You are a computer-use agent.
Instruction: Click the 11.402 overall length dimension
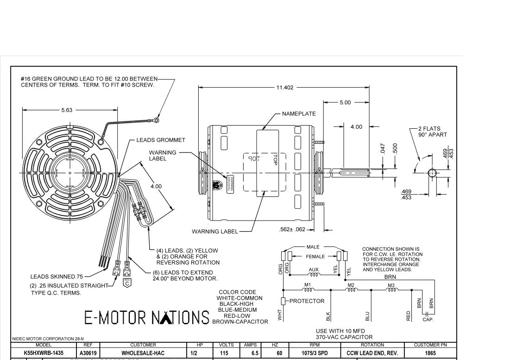(284, 88)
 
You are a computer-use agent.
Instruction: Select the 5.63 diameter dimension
(67, 110)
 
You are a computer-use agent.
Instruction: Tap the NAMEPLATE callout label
(299, 114)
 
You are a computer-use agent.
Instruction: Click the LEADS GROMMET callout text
(160, 140)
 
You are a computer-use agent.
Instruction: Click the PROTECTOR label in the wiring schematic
(307, 301)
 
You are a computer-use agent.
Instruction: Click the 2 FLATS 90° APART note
(432, 132)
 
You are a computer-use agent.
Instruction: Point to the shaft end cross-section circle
(431, 173)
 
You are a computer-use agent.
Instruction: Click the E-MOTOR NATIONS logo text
(147, 317)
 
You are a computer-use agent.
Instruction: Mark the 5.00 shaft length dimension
(345, 102)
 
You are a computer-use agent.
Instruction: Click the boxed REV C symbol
(126, 283)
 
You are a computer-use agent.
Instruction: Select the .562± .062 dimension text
(293, 229)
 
